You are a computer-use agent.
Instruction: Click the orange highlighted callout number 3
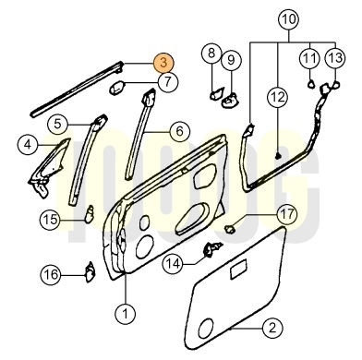pos(164,63)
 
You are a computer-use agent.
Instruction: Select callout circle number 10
pos(289,19)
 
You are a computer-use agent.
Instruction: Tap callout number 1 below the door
pos(126,314)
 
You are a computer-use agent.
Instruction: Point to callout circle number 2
pos(272,328)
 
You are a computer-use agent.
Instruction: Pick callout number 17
pos(287,214)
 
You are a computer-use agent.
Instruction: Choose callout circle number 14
pos(173,264)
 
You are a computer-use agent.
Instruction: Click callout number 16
pos(51,274)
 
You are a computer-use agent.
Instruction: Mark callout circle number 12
pos(278,97)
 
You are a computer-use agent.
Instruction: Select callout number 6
pos(180,131)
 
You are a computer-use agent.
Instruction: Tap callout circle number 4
pos(28,144)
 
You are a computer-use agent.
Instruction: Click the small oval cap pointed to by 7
pos(117,88)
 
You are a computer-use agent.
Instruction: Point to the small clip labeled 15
pos(90,213)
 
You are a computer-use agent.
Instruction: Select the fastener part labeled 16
pos(90,271)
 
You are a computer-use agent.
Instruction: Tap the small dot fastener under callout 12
pos(278,156)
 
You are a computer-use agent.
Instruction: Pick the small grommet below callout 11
pos(311,83)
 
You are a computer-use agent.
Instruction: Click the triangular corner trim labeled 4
pos(49,168)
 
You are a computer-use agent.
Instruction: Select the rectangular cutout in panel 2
pos(238,269)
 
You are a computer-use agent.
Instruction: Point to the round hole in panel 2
pos(206,328)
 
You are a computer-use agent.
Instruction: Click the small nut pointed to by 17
pos(229,229)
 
